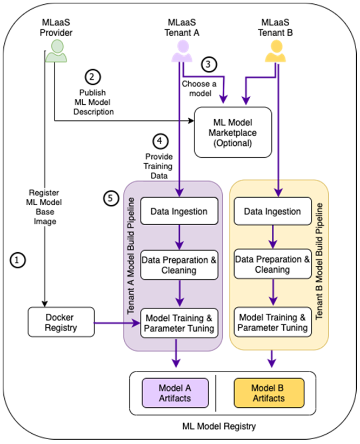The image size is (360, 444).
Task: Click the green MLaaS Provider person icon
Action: pyautogui.click(x=56, y=51)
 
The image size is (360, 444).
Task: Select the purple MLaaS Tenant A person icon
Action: pyautogui.click(x=182, y=51)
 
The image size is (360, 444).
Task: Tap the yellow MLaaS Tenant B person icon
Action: pyautogui.click(x=275, y=51)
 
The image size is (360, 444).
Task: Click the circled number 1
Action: pyautogui.click(x=18, y=260)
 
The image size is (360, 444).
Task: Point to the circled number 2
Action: pyautogui.click(x=92, y=77)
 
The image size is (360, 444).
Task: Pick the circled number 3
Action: pyautogui.click(x=209, y=64)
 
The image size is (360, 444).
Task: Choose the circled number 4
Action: pyautogui.click(x=161, y=141)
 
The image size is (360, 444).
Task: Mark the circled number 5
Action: pyautogui.click(x=111, y=198)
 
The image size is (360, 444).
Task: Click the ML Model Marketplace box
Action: pyautogui.click(x=233, y=132)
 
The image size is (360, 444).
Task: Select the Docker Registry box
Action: pyautogui.click(x=61, y=322)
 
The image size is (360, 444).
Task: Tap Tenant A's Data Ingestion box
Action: pyautogui.click(x=179, y=211)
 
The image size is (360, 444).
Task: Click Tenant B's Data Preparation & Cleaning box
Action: pyautogui.click(x=272, y=264)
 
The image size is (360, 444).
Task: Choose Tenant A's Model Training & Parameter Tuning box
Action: pyautogui.click(x=179, y=323)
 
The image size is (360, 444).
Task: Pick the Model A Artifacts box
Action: pyautogui.click(x=175, y=393)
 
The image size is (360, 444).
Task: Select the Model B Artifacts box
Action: pyautogui.click(x=269, y=393)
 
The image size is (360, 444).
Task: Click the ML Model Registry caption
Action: pyautogui.click(x=219, y=426)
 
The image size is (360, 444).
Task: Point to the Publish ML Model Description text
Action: pyautogui.click(x=94, y=102)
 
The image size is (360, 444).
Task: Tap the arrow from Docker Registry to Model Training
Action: pyautogui.click(x=117, y=323)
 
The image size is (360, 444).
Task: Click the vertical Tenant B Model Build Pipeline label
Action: pyautogui.click(x=319, y=261)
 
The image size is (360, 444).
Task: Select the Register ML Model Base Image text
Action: pyautogui.click(x=44, y=207)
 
